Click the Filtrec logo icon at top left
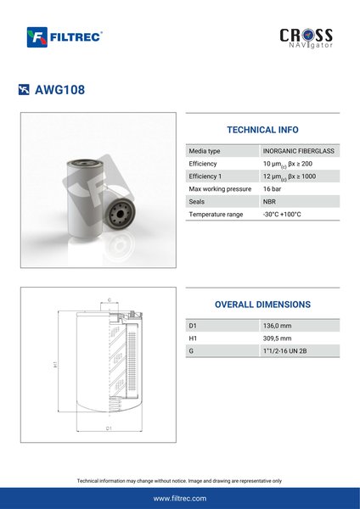[x=37, y=37]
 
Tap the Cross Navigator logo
[x=306, y=38]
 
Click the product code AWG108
[x=59, y=90]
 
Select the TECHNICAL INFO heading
[x=262, y=130]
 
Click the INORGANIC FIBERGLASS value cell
[x=299, y=151]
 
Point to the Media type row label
[x=205, y=151]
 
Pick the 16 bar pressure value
[x=272, y=189]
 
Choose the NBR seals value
[x=269, y=202]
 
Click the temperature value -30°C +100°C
[x=282, y=215]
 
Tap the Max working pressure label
[x=220, y=189]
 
